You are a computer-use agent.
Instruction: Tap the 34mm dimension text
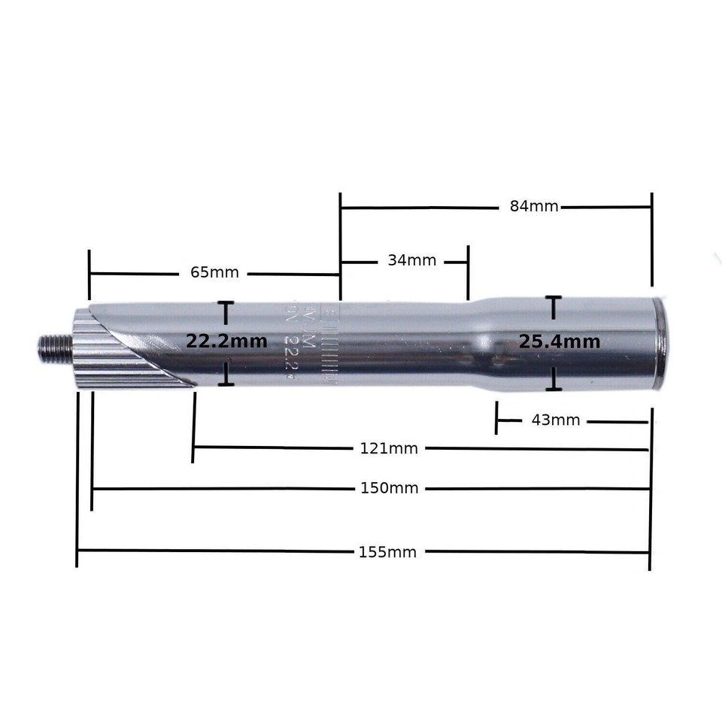412,261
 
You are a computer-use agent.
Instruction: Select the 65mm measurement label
214,272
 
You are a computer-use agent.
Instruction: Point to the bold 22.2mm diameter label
226,341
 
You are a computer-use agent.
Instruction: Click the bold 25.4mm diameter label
560,342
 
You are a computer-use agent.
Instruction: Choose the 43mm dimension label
556,420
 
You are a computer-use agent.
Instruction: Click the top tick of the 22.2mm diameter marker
225,303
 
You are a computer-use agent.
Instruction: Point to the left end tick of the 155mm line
77,553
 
